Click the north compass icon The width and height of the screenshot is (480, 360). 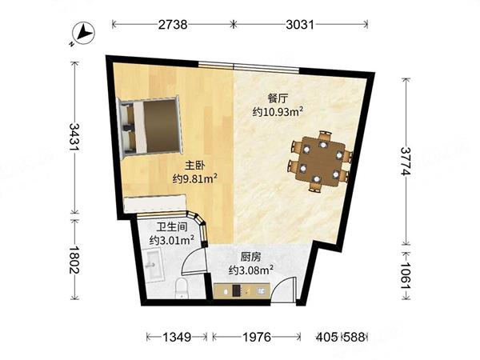(x=83, y=33)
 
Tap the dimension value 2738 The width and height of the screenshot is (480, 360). (x=173, y=25)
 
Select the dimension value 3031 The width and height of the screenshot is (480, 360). (x=300, y=25)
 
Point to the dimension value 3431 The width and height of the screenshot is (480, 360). (x=74, y=137)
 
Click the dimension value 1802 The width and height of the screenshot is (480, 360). (x=74, y=260)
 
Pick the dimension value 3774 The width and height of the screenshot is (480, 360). (x=406, y=161)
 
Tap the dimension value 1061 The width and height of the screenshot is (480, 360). (x=406, y=275)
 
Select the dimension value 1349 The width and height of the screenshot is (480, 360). (x=177, y=337)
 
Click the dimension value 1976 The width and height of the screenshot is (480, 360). (x=257, y=337)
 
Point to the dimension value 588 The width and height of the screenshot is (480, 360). (x=354, y=337)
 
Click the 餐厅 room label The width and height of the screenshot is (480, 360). (x=278, y=99)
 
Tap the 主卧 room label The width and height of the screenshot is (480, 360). (x=194, y=166)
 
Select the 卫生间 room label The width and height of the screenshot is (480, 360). (x=172, y=227)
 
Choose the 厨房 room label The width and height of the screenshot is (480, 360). (x=250, y=257)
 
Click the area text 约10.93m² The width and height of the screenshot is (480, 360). (x=278, y=112)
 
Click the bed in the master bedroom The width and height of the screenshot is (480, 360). (x=150, y=127)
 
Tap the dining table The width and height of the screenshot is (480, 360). (x=321, y=161)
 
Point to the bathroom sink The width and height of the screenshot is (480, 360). (x=154, y=264)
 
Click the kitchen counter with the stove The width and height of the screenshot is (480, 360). (x=242, y=291)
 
